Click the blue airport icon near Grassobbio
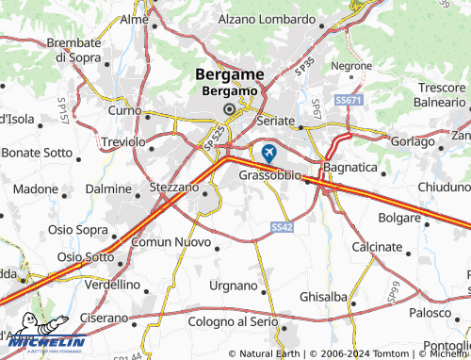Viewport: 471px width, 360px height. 269,153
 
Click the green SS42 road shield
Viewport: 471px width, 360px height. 282,227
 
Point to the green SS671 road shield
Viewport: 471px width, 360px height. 348,99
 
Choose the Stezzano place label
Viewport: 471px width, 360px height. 174,188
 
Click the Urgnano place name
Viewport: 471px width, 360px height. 233,286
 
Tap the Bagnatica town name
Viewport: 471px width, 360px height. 349,167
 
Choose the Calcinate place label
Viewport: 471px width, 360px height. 377,246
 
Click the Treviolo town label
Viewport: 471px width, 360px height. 122,141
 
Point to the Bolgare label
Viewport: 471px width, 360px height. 398,218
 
